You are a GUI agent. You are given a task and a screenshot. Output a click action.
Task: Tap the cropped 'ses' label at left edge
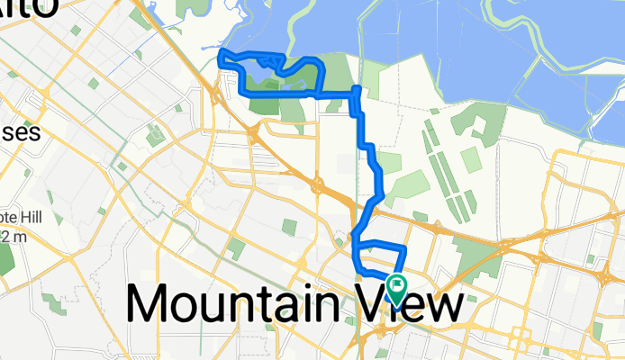(18, 133)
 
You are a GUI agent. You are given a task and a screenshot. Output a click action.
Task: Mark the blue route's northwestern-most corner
(222, 58)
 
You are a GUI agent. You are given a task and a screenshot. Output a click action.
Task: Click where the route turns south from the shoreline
(358, 89)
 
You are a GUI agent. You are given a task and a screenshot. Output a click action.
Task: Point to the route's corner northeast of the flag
(405, 247)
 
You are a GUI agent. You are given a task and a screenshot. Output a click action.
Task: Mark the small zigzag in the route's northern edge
(276, 61)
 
